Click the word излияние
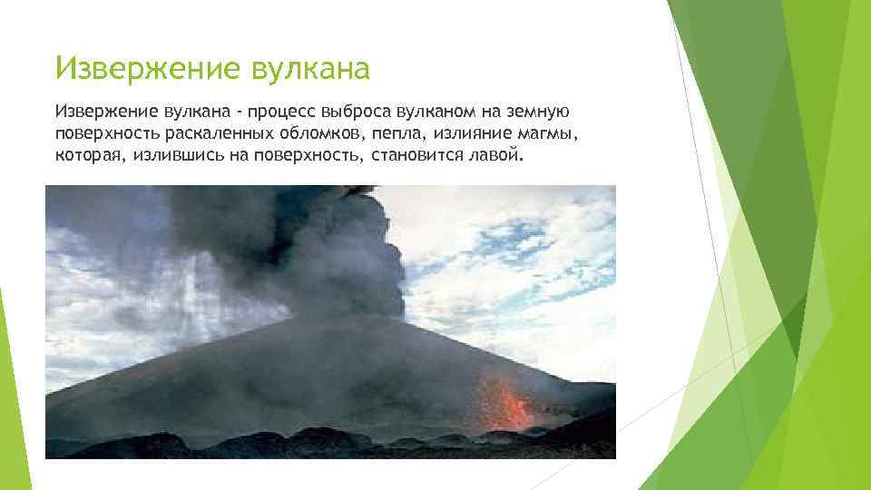tap(463, 133)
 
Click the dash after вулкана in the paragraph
tap(242, 112)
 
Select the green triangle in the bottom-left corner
tap(11, 426)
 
